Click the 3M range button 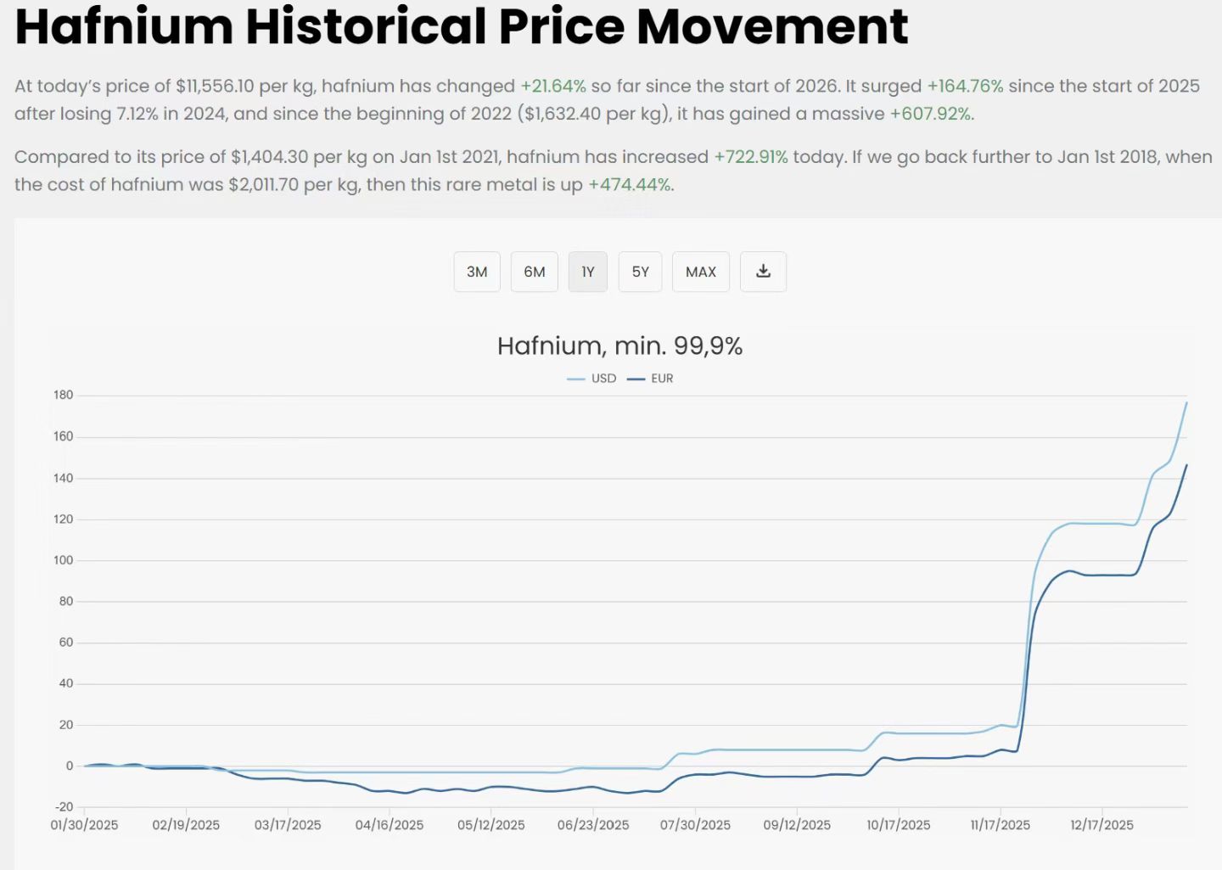point(477,272)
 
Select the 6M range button point(534,272)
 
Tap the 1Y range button point(587,272)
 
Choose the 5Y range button point(640,272)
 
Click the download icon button point(763,272)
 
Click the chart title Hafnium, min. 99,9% point(619,346)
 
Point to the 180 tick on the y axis point(64,395)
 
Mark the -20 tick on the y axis point(64,806)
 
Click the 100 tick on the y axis point(64,560)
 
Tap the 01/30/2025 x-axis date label point(84,825)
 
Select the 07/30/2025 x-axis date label point(695,825)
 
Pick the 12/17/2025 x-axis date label point(1101,825)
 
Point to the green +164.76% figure point(965,87)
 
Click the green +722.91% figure point(751,157)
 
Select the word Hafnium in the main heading point(124,25)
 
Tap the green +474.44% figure point(629,185)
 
